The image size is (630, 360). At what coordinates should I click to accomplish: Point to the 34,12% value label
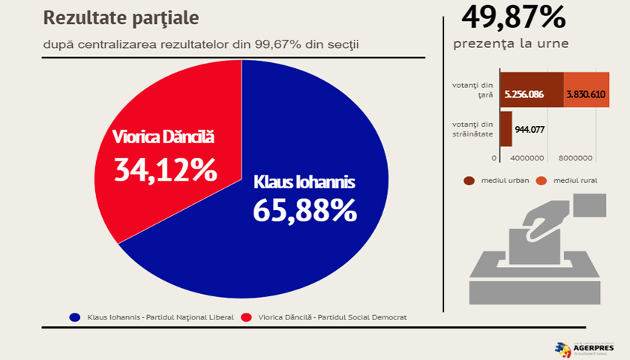[x=165, y=169]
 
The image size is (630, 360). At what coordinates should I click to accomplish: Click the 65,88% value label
[x=304, y=211]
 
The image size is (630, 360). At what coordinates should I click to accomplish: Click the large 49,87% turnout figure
[x=513, y=16]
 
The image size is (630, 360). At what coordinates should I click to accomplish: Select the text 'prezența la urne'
[x=511, y=43]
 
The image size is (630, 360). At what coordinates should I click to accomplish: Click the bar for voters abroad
[x=505, y=128]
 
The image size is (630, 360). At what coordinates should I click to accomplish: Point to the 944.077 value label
[x=529, y=129]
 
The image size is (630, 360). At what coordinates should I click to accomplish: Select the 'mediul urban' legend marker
[x=469, y=181]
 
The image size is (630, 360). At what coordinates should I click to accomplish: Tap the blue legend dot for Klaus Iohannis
[x=75, y=317]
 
